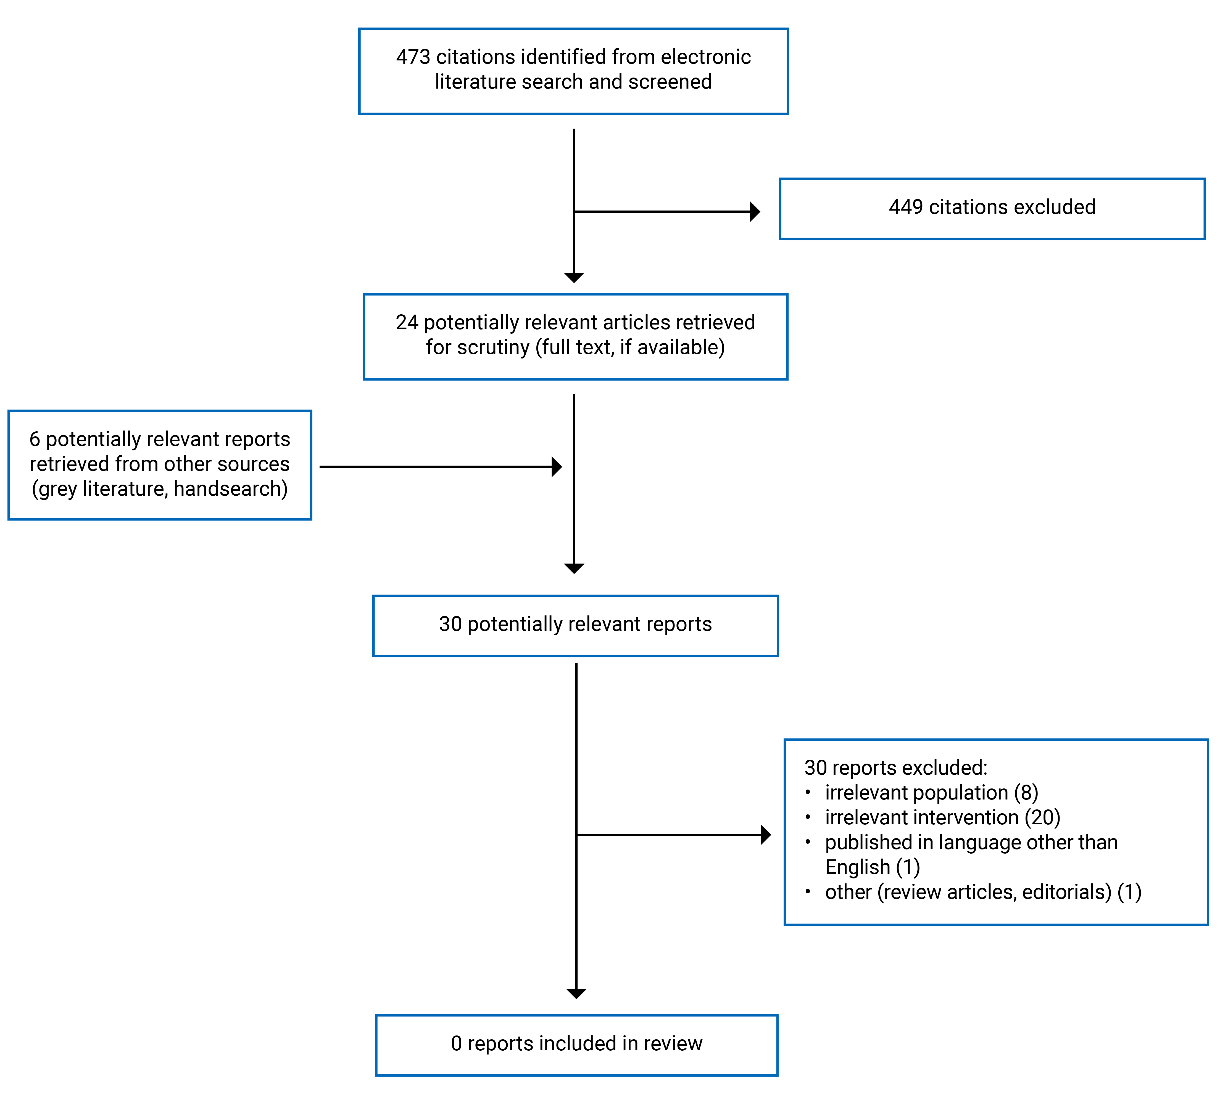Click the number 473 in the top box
point(413,57)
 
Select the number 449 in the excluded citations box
point(906,207)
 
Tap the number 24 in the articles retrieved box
point(407,322)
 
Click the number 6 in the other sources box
point(35,439)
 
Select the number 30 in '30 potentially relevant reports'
point(450,624)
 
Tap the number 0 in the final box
point(456,1043)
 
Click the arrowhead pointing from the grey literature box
point(557,467)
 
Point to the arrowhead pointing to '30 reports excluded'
point(766,835)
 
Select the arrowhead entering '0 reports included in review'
point(576,994)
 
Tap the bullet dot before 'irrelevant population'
point(808,792)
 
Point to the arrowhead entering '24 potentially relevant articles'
point(574,278)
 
